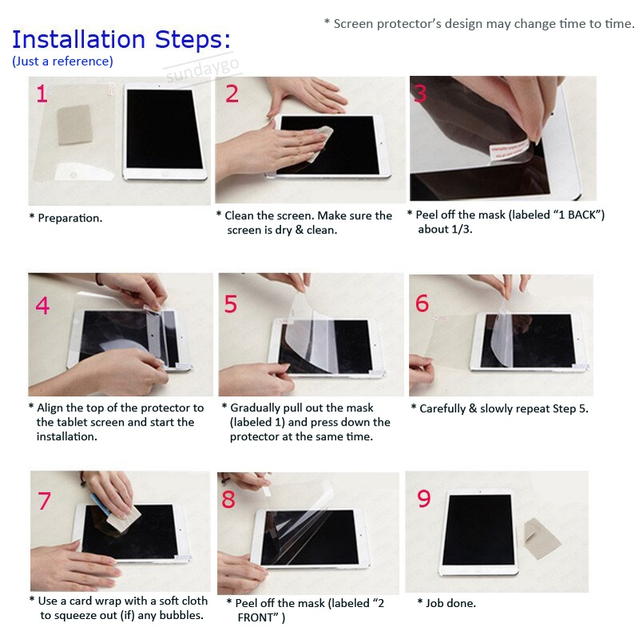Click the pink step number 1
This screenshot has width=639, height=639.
click(42, 93)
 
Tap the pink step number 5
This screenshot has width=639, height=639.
click(231, 304)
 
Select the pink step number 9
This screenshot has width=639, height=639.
click(424, 498)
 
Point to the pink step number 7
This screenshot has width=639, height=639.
click(45, 501)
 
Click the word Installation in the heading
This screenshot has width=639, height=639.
click(78, 39)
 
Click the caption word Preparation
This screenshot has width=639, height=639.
click(69, 218)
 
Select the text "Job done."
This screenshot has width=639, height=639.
click(450, 603)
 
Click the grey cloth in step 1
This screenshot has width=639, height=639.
click(74, 125)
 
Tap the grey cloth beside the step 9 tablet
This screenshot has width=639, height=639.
click(542, 538)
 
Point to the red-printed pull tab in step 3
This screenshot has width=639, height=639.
click(509, 150)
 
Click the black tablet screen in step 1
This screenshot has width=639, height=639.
click(165, 129)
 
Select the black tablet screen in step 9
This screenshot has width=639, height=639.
click(479, 530)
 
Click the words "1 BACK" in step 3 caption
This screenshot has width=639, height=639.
click(578, 215)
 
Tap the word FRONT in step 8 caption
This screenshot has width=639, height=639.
click(256, 617)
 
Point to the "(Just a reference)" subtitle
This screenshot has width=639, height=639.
click(63, 62)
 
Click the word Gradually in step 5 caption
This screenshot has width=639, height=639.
click(255, 408)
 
